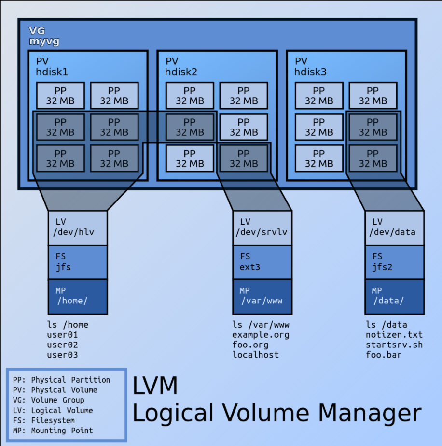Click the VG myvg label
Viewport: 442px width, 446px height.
point(44,36)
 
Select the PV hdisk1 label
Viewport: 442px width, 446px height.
point(52,67)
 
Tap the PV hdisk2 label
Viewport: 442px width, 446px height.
point(181,67)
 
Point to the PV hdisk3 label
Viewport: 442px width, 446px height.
point(310,67)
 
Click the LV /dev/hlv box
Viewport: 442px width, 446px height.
point(78,228)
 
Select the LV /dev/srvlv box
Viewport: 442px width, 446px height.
point(262,228)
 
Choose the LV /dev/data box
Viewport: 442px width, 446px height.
point(395,228)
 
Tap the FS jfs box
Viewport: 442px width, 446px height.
point(78,262)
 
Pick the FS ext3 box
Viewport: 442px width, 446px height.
point(262,262)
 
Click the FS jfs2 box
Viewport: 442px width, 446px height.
point(395,262)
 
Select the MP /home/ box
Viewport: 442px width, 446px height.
point(78,297)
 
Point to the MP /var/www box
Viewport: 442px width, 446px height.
point(262,297)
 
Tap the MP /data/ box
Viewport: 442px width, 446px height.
point(395,297)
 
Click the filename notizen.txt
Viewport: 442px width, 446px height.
point(394,335)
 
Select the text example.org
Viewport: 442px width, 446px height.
point(261,335)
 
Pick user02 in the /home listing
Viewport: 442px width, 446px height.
point(63,345)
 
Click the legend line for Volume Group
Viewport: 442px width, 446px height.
point(49,400)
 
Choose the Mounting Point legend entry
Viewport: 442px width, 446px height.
point(53,431)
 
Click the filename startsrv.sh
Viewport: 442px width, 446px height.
point(394,345)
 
